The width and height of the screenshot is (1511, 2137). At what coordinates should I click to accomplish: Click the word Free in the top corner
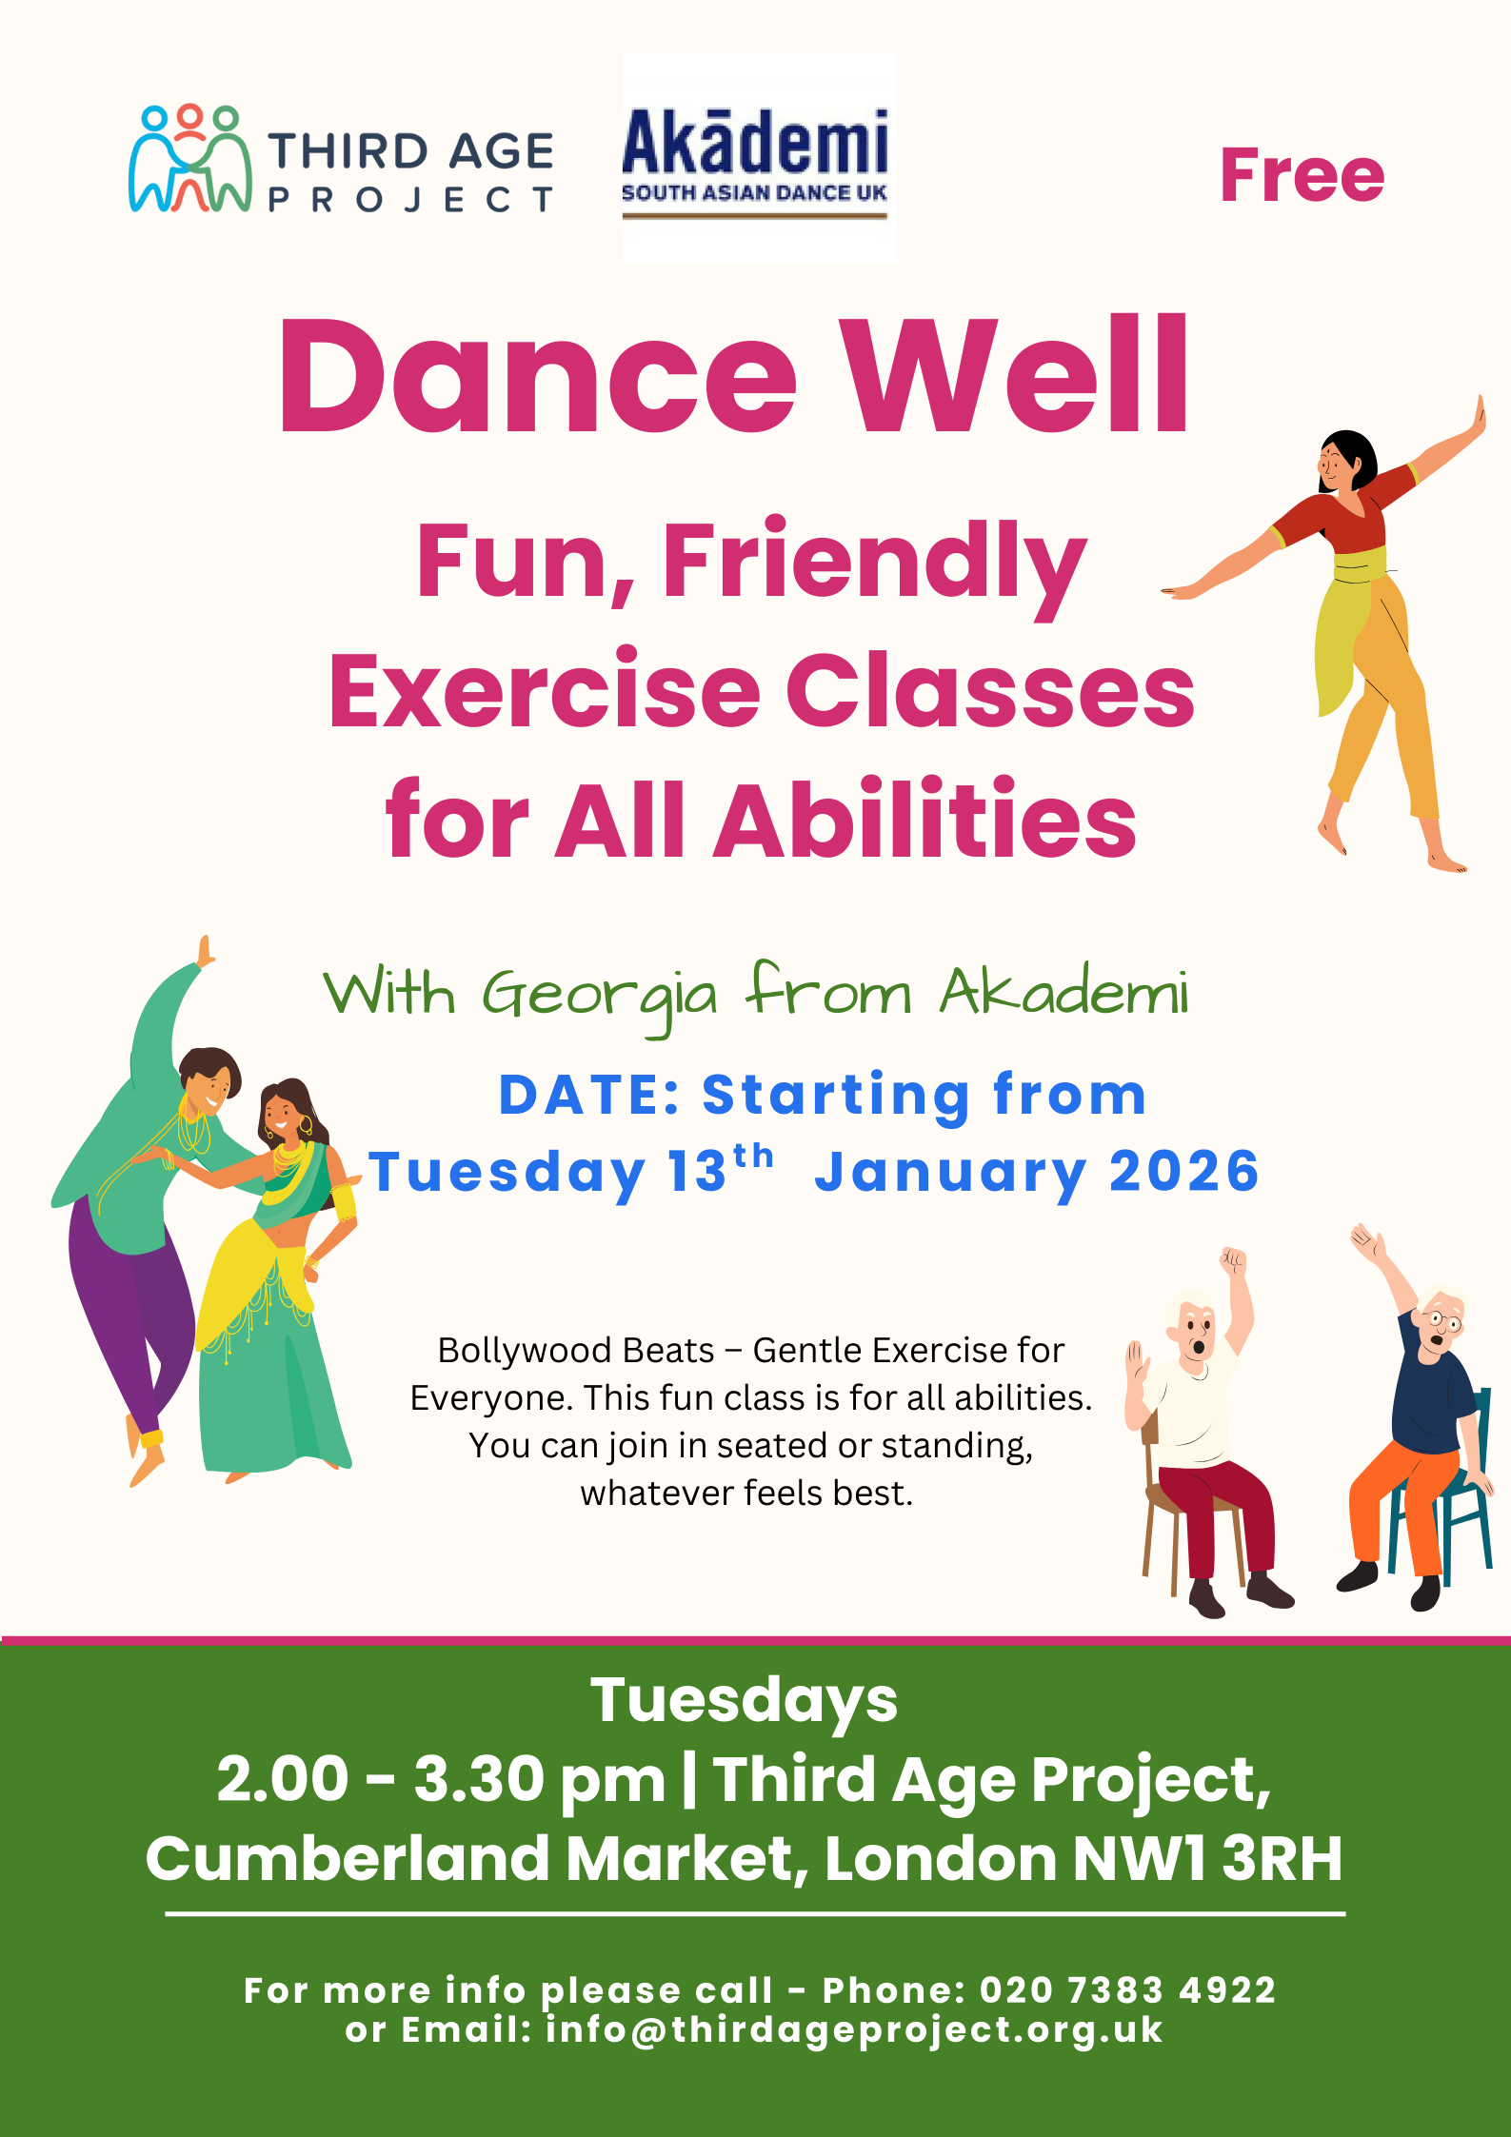coord(1302,176)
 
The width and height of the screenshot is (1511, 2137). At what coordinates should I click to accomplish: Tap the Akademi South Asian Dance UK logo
coord(758,158)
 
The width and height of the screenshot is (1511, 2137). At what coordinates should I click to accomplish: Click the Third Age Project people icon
coord(190,158)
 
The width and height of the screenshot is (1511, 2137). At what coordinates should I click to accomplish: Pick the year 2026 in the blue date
coord(1184,1171)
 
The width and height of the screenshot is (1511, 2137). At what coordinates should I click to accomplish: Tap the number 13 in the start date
coord(698,1171)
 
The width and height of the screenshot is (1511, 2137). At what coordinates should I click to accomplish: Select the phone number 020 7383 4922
coord(1128,1990)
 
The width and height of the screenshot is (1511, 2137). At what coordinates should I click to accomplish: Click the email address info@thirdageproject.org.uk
coord(854,2030)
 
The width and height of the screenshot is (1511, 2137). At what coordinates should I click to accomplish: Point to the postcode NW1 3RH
coord(1207,1858)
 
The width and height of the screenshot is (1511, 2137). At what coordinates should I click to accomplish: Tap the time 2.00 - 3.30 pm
coord(441,1780)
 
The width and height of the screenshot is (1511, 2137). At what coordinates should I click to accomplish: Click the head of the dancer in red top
coord(1345,461)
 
